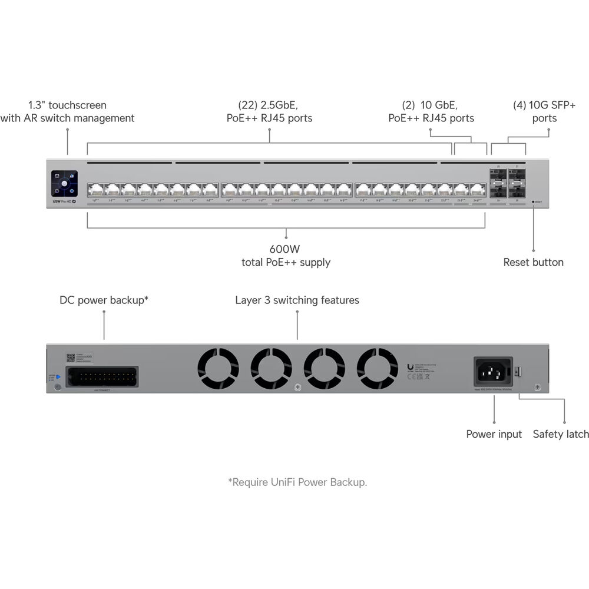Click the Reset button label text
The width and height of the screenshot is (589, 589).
[x=533, y=262]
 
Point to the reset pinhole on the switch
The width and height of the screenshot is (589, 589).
[x=534, y=201]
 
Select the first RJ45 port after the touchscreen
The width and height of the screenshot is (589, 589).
[x=95, y=190]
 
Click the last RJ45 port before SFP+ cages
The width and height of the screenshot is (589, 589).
[x=477, y=190]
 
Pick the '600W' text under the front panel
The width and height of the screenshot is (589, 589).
[x=286, y=249]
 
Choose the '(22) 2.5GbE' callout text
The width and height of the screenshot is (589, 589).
[x=269, y=105]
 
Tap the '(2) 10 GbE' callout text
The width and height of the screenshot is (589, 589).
[x=431, y=105]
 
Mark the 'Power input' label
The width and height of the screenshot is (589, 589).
[x=494, y=434]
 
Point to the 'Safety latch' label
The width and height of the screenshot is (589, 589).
[x=561, y=434]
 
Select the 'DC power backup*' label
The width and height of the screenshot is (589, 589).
[x=104, y=300]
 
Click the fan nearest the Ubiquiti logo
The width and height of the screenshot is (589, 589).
[x=378, y=369]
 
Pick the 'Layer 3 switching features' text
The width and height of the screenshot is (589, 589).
[x=297, y=300]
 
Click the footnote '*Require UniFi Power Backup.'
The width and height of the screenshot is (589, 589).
[x=297, y=482]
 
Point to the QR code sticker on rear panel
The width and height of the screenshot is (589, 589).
[x=71, y=358]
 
